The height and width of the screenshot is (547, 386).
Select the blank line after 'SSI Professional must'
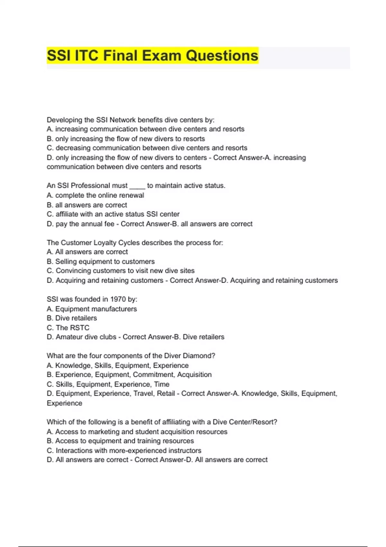pos(137,186)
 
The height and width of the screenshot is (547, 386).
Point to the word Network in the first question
pos(123,120)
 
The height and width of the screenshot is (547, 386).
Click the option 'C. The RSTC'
pos(68,328)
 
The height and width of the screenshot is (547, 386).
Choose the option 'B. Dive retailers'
pos(72,318)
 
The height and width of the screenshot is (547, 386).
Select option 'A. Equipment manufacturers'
pos(92,309)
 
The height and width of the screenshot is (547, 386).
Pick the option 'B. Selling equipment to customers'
pos(101,262)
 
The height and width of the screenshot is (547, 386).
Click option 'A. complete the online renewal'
pos(95,195)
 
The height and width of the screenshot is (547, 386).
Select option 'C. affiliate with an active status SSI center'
pos(113,214)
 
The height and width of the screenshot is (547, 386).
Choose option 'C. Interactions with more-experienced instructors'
pos(124,450)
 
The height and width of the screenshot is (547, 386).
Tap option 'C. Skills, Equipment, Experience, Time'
pos(108,384)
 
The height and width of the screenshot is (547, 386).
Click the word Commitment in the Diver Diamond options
pos(153,375)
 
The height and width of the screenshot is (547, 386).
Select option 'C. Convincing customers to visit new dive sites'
pos(121,271)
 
